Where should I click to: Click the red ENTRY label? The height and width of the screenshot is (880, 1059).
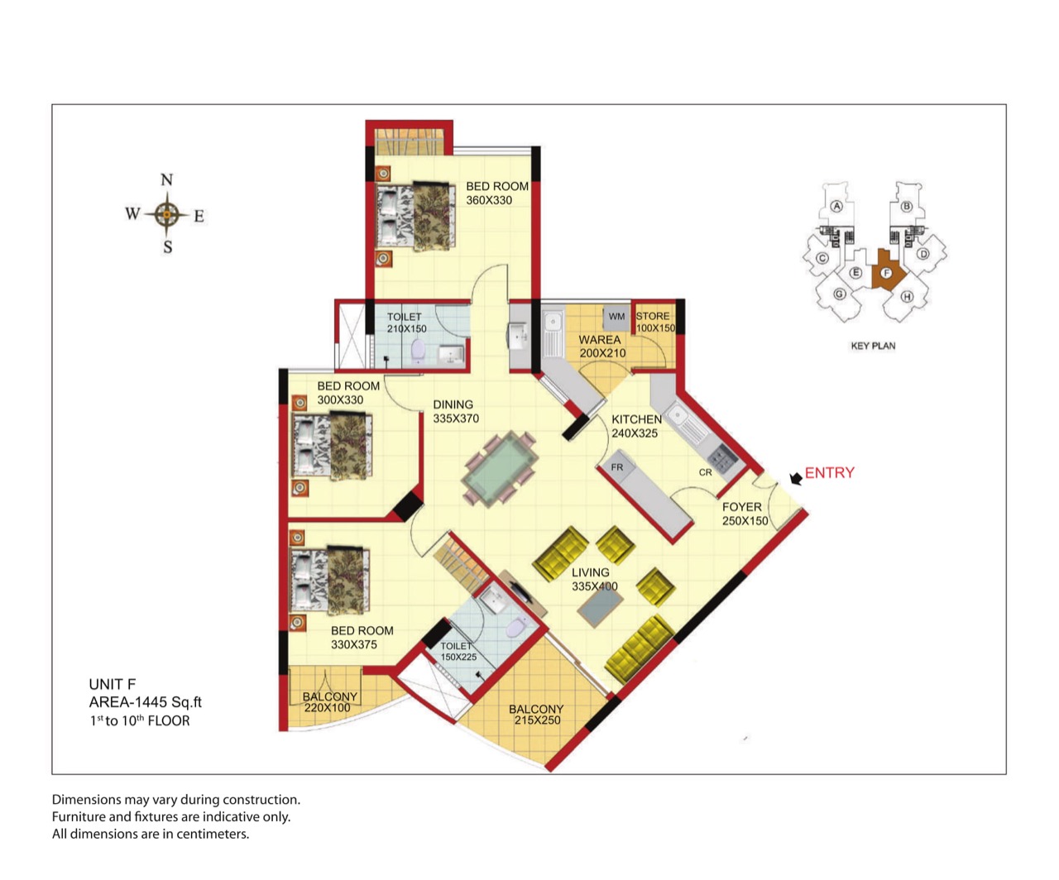point(829,472)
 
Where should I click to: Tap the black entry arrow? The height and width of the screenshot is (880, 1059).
point(796,477)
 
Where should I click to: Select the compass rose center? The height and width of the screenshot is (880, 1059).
point(167,214)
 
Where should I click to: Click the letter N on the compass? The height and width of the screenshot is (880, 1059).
point(167,180)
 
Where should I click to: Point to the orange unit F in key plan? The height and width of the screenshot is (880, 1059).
point(886,271)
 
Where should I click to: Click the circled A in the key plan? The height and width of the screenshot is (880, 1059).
point(836,206)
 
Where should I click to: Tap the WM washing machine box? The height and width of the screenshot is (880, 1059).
point(616,317)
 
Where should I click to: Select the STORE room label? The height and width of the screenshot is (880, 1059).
point(652,316)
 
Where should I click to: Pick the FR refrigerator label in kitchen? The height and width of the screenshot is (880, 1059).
point(616,466)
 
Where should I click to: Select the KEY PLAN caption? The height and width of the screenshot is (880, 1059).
point(873,346)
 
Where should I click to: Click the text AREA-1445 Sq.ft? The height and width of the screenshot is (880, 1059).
point(145,702)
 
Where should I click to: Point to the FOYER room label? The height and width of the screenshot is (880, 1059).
point(742,507)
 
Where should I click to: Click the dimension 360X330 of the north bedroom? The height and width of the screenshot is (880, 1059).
point(489,200)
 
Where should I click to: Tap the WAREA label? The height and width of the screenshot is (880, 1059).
point(600,340)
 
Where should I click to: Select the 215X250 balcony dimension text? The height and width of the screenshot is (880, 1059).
point(538,720)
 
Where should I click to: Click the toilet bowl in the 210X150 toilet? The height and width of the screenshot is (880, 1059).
point(418,351)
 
